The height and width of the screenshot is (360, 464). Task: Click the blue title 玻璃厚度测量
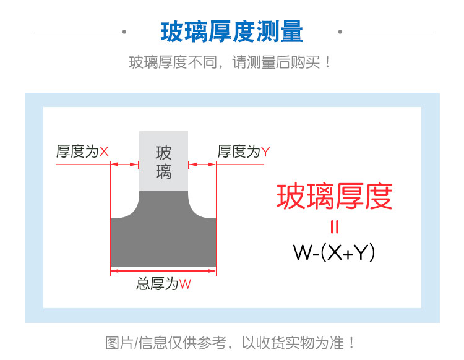pos(232,32)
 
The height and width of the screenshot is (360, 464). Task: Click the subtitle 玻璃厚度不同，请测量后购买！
pos(231,62)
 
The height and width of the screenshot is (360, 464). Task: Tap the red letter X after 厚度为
pos(104,152)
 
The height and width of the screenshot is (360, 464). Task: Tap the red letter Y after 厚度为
pos(265,152)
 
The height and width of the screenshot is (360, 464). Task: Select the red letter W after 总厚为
pos(185,285)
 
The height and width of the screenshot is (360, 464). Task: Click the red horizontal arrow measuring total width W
pos(163,270)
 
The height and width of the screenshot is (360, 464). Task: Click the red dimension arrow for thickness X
pos(124,165)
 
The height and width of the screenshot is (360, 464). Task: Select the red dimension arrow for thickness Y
pos(202,165)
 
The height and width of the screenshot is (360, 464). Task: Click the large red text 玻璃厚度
pos(334,197)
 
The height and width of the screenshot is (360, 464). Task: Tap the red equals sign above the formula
pos(334,228)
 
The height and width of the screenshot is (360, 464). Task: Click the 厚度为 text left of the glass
pos(77,152)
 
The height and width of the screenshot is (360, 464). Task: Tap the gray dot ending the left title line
pos(124,31)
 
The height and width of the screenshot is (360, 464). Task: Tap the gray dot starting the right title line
pos(340,31)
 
